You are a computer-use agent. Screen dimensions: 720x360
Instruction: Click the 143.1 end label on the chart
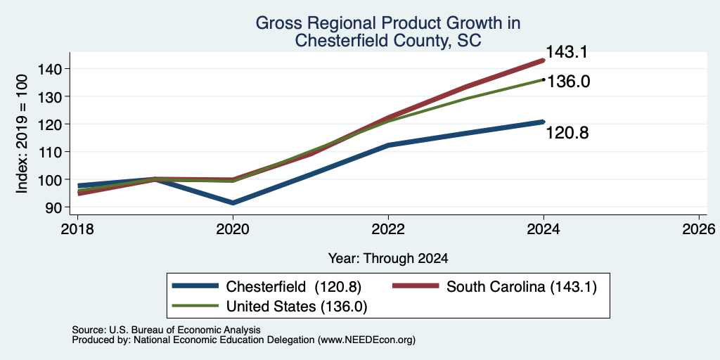point(566,52)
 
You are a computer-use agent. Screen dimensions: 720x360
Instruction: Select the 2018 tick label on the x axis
point(77,229)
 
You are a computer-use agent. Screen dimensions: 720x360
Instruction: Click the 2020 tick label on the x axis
point(233,229)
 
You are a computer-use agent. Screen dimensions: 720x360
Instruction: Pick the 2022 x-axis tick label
point(388,229)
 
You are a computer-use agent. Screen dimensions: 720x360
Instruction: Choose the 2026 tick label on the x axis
point(699,229)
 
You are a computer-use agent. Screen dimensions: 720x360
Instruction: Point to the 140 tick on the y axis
point(57,69)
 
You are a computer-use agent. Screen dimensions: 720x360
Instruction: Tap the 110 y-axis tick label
point(57,152)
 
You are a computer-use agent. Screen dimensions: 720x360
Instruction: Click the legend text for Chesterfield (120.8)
point(294,287)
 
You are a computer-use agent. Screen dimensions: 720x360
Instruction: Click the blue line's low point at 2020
point(233,203)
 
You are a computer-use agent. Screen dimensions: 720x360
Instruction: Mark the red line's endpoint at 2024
point(544,60)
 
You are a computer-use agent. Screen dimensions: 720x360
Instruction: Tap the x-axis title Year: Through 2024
point(388,259)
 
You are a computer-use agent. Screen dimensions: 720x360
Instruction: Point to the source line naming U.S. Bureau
point(166,330)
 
